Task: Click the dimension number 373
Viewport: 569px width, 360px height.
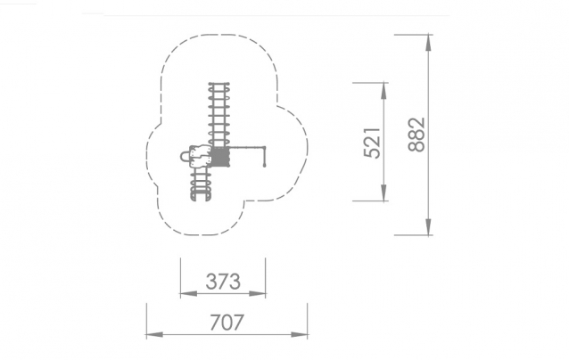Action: click(223, 282)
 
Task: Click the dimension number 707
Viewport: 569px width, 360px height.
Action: click(227, 323)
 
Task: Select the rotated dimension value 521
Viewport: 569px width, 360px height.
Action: click(372, 143)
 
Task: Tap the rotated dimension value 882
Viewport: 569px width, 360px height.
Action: click(416, 135)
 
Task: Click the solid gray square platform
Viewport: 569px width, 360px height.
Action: click(220, 157)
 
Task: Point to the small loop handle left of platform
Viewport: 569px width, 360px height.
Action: click(185, 157)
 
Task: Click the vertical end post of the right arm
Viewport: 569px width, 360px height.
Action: click(265, 157)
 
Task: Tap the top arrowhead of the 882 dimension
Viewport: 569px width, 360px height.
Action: click(429, 43)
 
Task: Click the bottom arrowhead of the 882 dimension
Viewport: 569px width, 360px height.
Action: click(429, 227)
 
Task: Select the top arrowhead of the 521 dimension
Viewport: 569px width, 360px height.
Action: click(383, 91)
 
